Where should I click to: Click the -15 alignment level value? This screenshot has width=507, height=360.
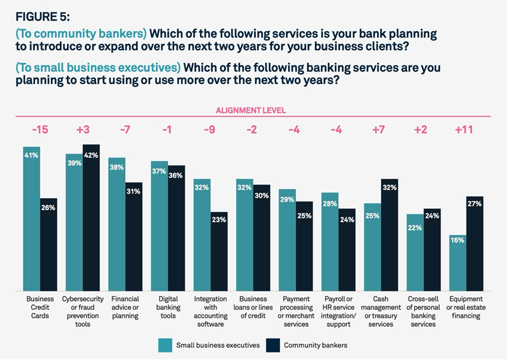(40, 129)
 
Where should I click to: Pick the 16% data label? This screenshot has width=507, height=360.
(457, 241)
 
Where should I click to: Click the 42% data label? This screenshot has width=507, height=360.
(91, 155)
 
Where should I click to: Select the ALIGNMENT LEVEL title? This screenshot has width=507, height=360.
(250, 111)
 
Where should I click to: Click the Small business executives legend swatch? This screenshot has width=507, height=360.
(165, 345)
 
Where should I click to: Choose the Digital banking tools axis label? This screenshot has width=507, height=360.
(168, 307)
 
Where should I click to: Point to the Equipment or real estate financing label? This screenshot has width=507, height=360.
(466, 307)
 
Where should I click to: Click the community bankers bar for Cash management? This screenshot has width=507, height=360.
(389, 236)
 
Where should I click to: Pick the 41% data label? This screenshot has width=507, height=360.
(31, 155)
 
